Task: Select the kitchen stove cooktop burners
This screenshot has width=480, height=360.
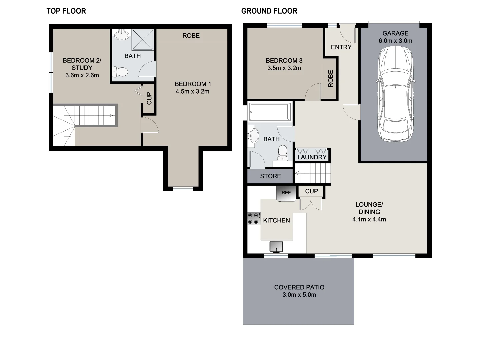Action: [254, 219]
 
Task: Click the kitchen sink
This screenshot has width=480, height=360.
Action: [276, 246]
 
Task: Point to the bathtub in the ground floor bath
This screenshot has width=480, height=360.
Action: [270, 112]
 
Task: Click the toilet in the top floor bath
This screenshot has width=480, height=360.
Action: [121, 72]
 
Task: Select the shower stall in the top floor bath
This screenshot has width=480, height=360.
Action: [143, 39]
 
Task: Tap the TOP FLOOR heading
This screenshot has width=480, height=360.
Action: [66, 11]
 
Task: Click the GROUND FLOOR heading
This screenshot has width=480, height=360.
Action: [269, 11]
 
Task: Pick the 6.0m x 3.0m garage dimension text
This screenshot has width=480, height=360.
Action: [395, 41]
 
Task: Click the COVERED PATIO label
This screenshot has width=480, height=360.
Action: [299, 287]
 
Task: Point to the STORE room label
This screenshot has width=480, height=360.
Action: [270, 176]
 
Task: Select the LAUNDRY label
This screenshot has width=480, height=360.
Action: [312, 157]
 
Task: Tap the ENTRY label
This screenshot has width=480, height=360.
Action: [341, 47]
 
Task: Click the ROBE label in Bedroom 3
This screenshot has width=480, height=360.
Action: [330, 78]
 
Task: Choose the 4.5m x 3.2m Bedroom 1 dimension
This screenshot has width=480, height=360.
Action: [192, 92]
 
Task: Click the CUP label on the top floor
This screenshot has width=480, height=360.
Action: [149, 98]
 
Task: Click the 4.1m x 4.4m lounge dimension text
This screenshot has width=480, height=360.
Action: [369, 219]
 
